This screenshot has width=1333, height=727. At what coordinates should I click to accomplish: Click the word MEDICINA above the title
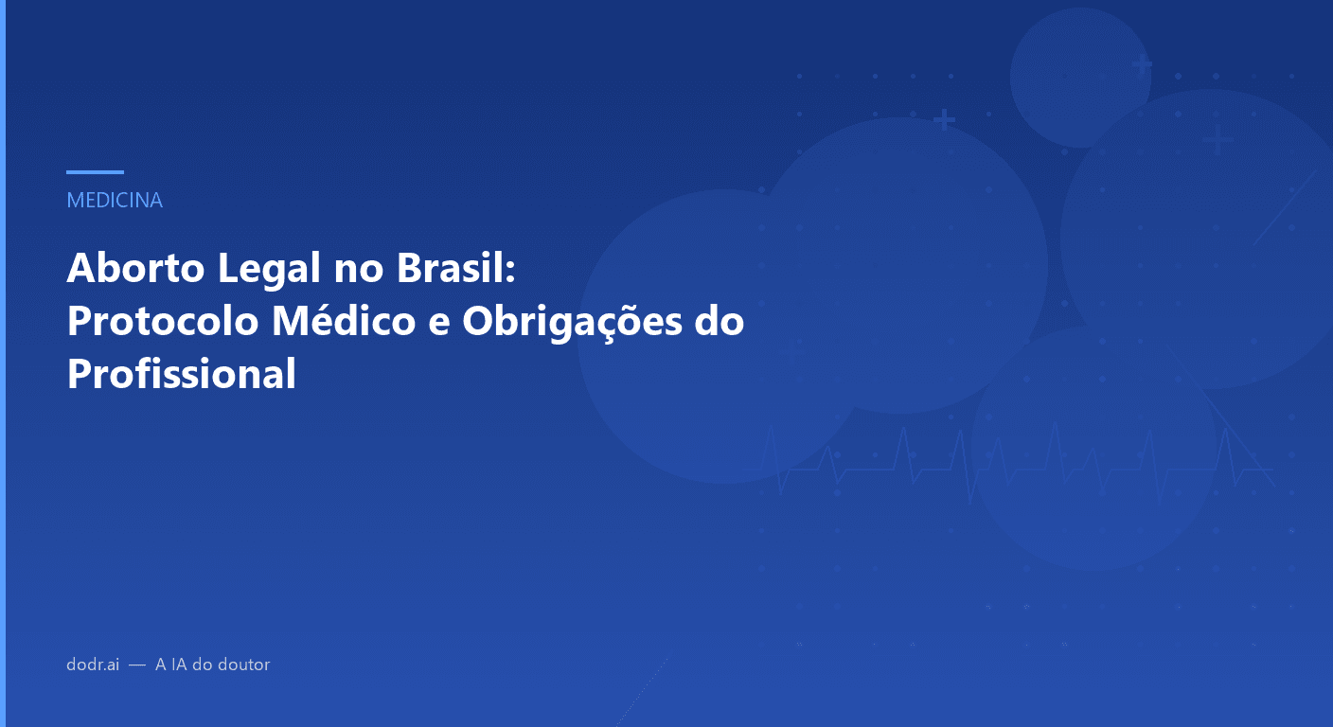(115, 201)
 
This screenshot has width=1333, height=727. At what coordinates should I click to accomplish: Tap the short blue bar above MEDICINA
(95, 172)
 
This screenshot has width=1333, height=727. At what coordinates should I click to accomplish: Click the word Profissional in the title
(182, 374)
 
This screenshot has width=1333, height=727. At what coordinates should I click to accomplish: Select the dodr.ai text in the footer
(93, 665)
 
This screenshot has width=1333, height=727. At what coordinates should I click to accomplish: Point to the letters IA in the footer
(179, 665)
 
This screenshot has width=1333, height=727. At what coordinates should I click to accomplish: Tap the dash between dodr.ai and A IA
(137, 665)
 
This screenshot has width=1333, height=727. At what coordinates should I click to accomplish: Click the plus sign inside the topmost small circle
(1143, 65)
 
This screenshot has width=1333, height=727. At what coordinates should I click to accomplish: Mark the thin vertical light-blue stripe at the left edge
(2, 363)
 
